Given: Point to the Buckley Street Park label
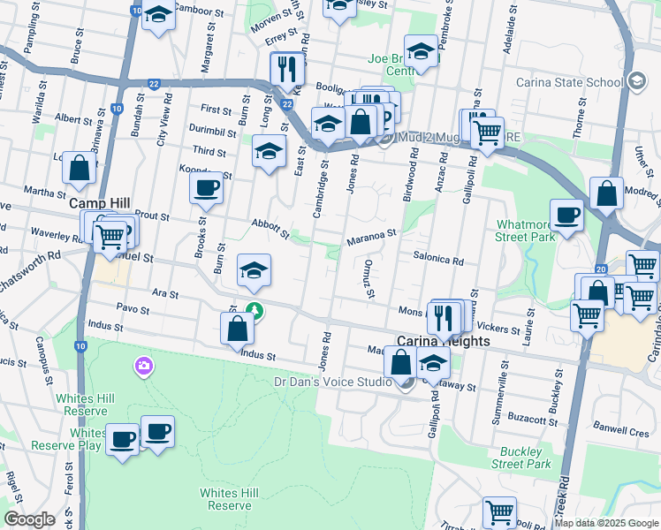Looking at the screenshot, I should click(x=520, y=458).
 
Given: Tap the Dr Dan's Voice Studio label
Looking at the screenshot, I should click(x=332, y=382).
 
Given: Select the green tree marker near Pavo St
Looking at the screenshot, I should click(x=255, y=310).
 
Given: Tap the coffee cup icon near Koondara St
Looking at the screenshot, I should click(x=207, y=187).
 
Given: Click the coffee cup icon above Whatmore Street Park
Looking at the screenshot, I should click(x=566, y=215).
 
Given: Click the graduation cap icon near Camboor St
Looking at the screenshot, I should click(x=159, y=15).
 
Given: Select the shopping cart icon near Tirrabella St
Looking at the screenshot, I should click(x=499, y=511).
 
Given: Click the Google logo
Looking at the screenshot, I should click(x=29, y=519).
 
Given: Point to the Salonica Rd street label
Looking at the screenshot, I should click(x=437, y=261).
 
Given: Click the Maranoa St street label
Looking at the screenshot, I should click(x=369, y=236).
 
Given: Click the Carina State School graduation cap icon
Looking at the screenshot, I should click(x=635, y=82).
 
